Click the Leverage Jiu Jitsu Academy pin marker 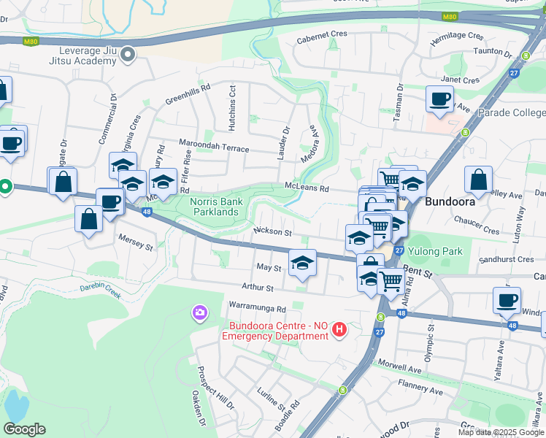click(x=128, y=54)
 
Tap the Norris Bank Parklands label click(x=214, y=207)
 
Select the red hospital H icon click(x=338, y=331)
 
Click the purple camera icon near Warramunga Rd click(x=199, y=313)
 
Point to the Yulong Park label click(x=435, y=251)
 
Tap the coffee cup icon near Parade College click(x=439, y=99)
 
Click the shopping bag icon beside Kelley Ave click(x=478, y=180)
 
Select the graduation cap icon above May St click(x=301, y=263)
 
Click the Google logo click(x=24, y=429)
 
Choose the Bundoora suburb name click(x=450, y=201)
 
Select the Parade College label click(x=511, y=112)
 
